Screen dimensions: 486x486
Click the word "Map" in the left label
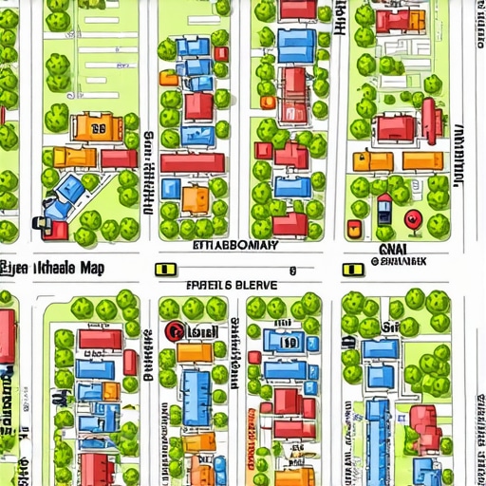92,268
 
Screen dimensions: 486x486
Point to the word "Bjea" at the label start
12,268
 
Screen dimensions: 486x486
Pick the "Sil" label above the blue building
389,327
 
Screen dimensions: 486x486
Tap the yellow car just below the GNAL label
353,270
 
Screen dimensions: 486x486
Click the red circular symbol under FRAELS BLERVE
175,331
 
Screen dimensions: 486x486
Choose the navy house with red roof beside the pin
383,208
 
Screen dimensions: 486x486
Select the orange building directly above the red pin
422,161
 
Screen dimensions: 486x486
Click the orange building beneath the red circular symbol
195,353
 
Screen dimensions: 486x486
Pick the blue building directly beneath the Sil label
380,349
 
